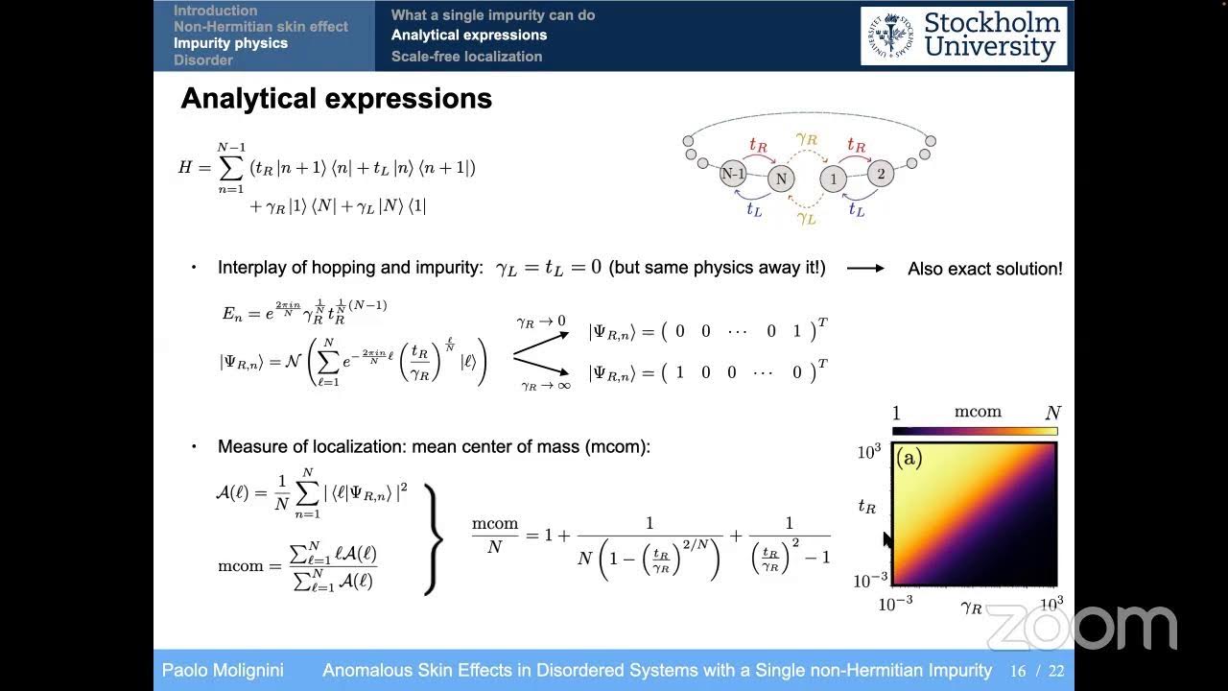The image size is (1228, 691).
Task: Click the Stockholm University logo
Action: [x=963, y=36]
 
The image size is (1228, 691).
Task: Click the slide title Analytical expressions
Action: [x=336, y=99]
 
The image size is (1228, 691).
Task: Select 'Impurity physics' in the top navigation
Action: [x=230, y=43]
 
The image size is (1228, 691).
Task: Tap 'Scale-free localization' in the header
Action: [x=466, y=57]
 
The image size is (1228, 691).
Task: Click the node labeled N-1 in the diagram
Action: [x=734, y=175]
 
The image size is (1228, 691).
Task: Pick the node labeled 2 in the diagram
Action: [x=881, y=175]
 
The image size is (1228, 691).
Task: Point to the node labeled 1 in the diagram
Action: [x=833, y=179]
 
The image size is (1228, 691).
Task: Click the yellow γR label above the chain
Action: [x=806, y=139]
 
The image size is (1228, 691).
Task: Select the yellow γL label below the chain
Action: [x=806, y=218]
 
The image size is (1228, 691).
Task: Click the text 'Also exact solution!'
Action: [x=984, y=269]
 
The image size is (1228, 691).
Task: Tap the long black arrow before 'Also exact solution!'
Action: [x=865, y=269]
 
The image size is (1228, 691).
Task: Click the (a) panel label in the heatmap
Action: [x=909, y=459]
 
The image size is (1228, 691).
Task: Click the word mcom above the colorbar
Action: [x=978, y=412]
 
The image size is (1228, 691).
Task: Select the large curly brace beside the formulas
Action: [x=433, y=539]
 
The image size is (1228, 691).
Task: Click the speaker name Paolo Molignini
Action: [x=223, y=671]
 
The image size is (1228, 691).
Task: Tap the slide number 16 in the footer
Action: [x=1018, y=671]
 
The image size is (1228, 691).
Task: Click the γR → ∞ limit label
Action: [x=545, y=386]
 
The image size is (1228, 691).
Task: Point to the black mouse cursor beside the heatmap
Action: [x=887, y=539]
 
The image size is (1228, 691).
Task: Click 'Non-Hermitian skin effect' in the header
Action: [x=260, y=27]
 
